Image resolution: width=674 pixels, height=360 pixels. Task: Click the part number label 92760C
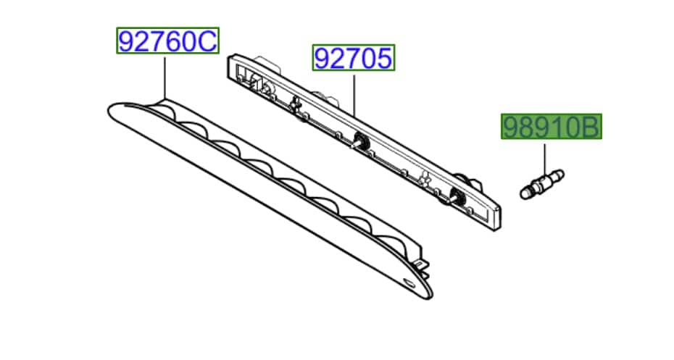167,41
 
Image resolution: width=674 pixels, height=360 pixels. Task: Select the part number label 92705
354,57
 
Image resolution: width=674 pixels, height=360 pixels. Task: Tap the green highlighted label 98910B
552,126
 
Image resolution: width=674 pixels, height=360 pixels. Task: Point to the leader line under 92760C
165,78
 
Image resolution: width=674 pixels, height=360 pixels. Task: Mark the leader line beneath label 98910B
544,160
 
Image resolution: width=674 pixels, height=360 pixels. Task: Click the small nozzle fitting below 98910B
541,184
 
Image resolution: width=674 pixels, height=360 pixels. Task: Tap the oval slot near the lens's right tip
409,283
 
